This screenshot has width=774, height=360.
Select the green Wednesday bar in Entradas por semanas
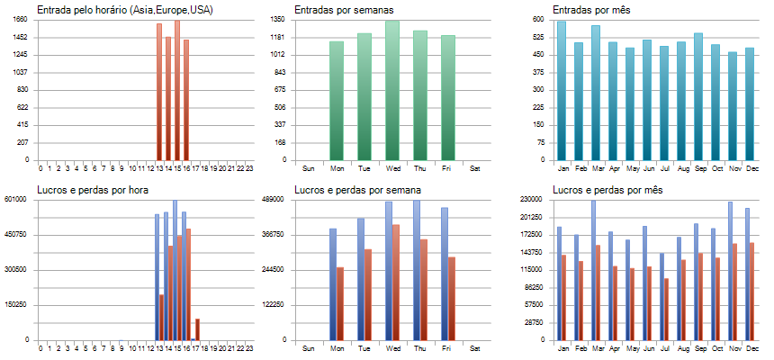click(392, 90)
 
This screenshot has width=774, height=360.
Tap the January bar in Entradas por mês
click(562, 90)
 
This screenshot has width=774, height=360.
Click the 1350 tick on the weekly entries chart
click(278, 19)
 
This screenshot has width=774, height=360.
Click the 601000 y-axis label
click(18, 199)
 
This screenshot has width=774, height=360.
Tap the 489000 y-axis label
click(275, 199)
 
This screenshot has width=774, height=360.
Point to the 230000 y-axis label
click(532, 199)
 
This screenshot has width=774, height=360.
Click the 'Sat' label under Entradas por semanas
click(475, 168)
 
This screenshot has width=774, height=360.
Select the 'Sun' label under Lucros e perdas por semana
click(309, 348)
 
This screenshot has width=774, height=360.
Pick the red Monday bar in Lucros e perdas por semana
click(340, 303)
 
